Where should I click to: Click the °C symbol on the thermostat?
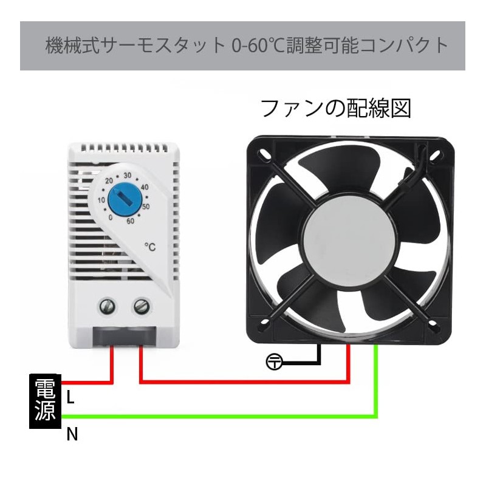151,247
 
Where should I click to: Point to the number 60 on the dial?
130,221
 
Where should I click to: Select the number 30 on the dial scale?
128,176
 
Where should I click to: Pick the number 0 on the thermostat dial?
110,217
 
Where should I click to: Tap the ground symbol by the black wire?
275,363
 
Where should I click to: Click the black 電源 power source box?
45,401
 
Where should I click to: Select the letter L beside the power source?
70,397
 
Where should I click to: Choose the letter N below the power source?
72,434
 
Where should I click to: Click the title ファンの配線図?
336,108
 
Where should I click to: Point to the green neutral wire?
243,416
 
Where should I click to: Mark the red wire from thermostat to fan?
243,382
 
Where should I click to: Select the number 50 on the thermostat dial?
146,207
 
